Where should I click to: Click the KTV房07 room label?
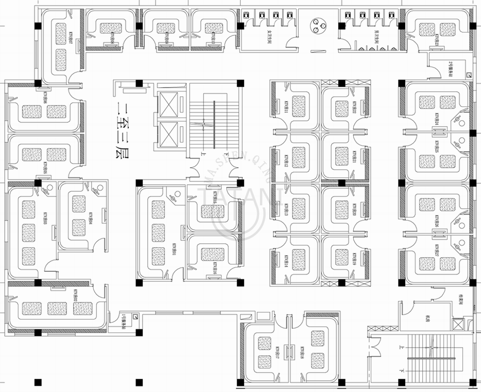tap(71, 37)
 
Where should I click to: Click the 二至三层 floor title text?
tap(123, 128)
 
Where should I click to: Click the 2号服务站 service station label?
tap(437, 68)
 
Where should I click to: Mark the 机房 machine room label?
tap(427, 318)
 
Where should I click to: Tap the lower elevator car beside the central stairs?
tap(168, 134)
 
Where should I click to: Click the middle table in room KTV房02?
tap(57, 308)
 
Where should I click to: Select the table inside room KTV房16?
tap(212, 254)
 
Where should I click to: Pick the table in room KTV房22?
tap(341, 108)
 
